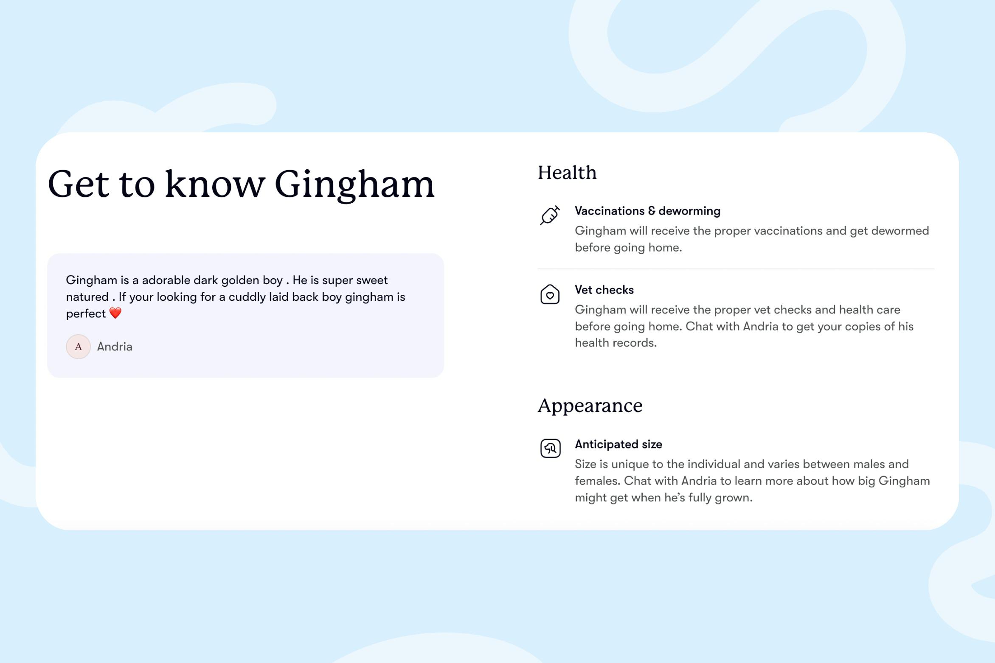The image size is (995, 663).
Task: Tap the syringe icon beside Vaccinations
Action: point(550,215)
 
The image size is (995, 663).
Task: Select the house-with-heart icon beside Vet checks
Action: point(550,294)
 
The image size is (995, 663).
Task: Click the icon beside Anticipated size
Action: point(550,448)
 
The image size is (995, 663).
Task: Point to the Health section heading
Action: point(567,173)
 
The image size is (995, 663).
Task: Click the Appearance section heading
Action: point(590,406)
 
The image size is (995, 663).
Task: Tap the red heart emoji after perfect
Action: point(115,313)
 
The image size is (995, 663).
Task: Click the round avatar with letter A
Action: point(78,347)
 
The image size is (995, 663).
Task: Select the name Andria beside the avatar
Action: point(115,347)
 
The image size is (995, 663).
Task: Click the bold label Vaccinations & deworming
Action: point(647,211)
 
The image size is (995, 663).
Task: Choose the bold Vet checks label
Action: point(604,290)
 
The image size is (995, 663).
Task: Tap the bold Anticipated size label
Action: point(618,444)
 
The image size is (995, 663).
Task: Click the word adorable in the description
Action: point(166,280)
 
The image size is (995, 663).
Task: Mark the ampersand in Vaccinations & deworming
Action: point(652,211)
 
